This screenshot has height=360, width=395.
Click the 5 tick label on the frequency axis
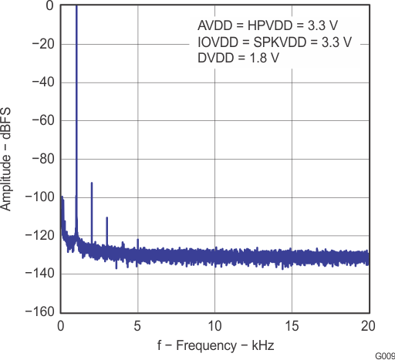coord(138,325)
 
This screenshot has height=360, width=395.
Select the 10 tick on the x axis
coord(214,325)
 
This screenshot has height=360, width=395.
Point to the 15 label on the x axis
coord(292,325)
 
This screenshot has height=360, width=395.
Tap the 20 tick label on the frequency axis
coord(368,325)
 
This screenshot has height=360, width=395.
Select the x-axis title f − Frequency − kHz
coord(214,344)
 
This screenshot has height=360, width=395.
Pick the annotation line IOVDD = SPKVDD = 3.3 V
coord(275,41)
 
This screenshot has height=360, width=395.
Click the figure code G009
coord(383,355)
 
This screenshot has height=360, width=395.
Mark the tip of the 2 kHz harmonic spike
coord(92,183)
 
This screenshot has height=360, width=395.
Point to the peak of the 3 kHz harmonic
coord(107,218)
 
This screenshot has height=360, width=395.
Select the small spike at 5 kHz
coord(138,241)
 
